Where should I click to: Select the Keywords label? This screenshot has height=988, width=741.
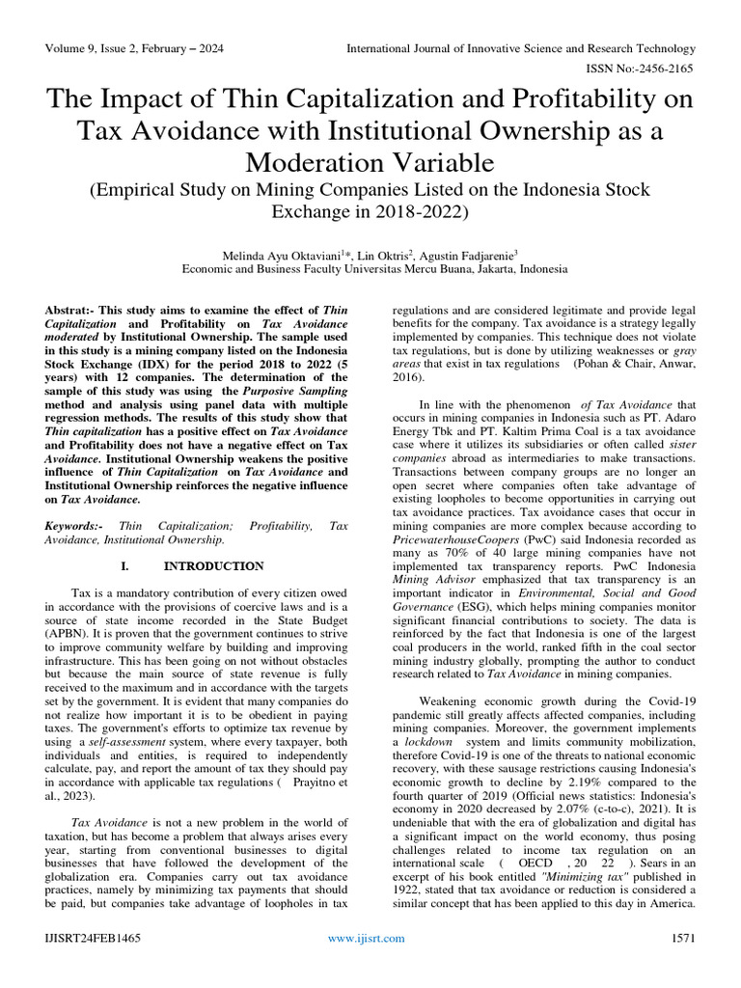[73, 526]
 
